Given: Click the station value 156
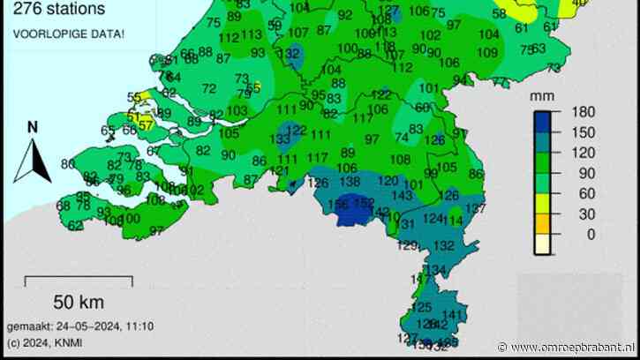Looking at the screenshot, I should [337, 205].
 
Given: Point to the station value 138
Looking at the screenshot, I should [350, 181].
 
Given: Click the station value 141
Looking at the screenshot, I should [452, 315].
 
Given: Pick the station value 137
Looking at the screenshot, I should [476, 208].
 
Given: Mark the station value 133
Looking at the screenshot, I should [281, 139].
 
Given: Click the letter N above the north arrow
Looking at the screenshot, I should [32, 127].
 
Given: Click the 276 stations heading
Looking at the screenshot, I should [54, 10].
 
